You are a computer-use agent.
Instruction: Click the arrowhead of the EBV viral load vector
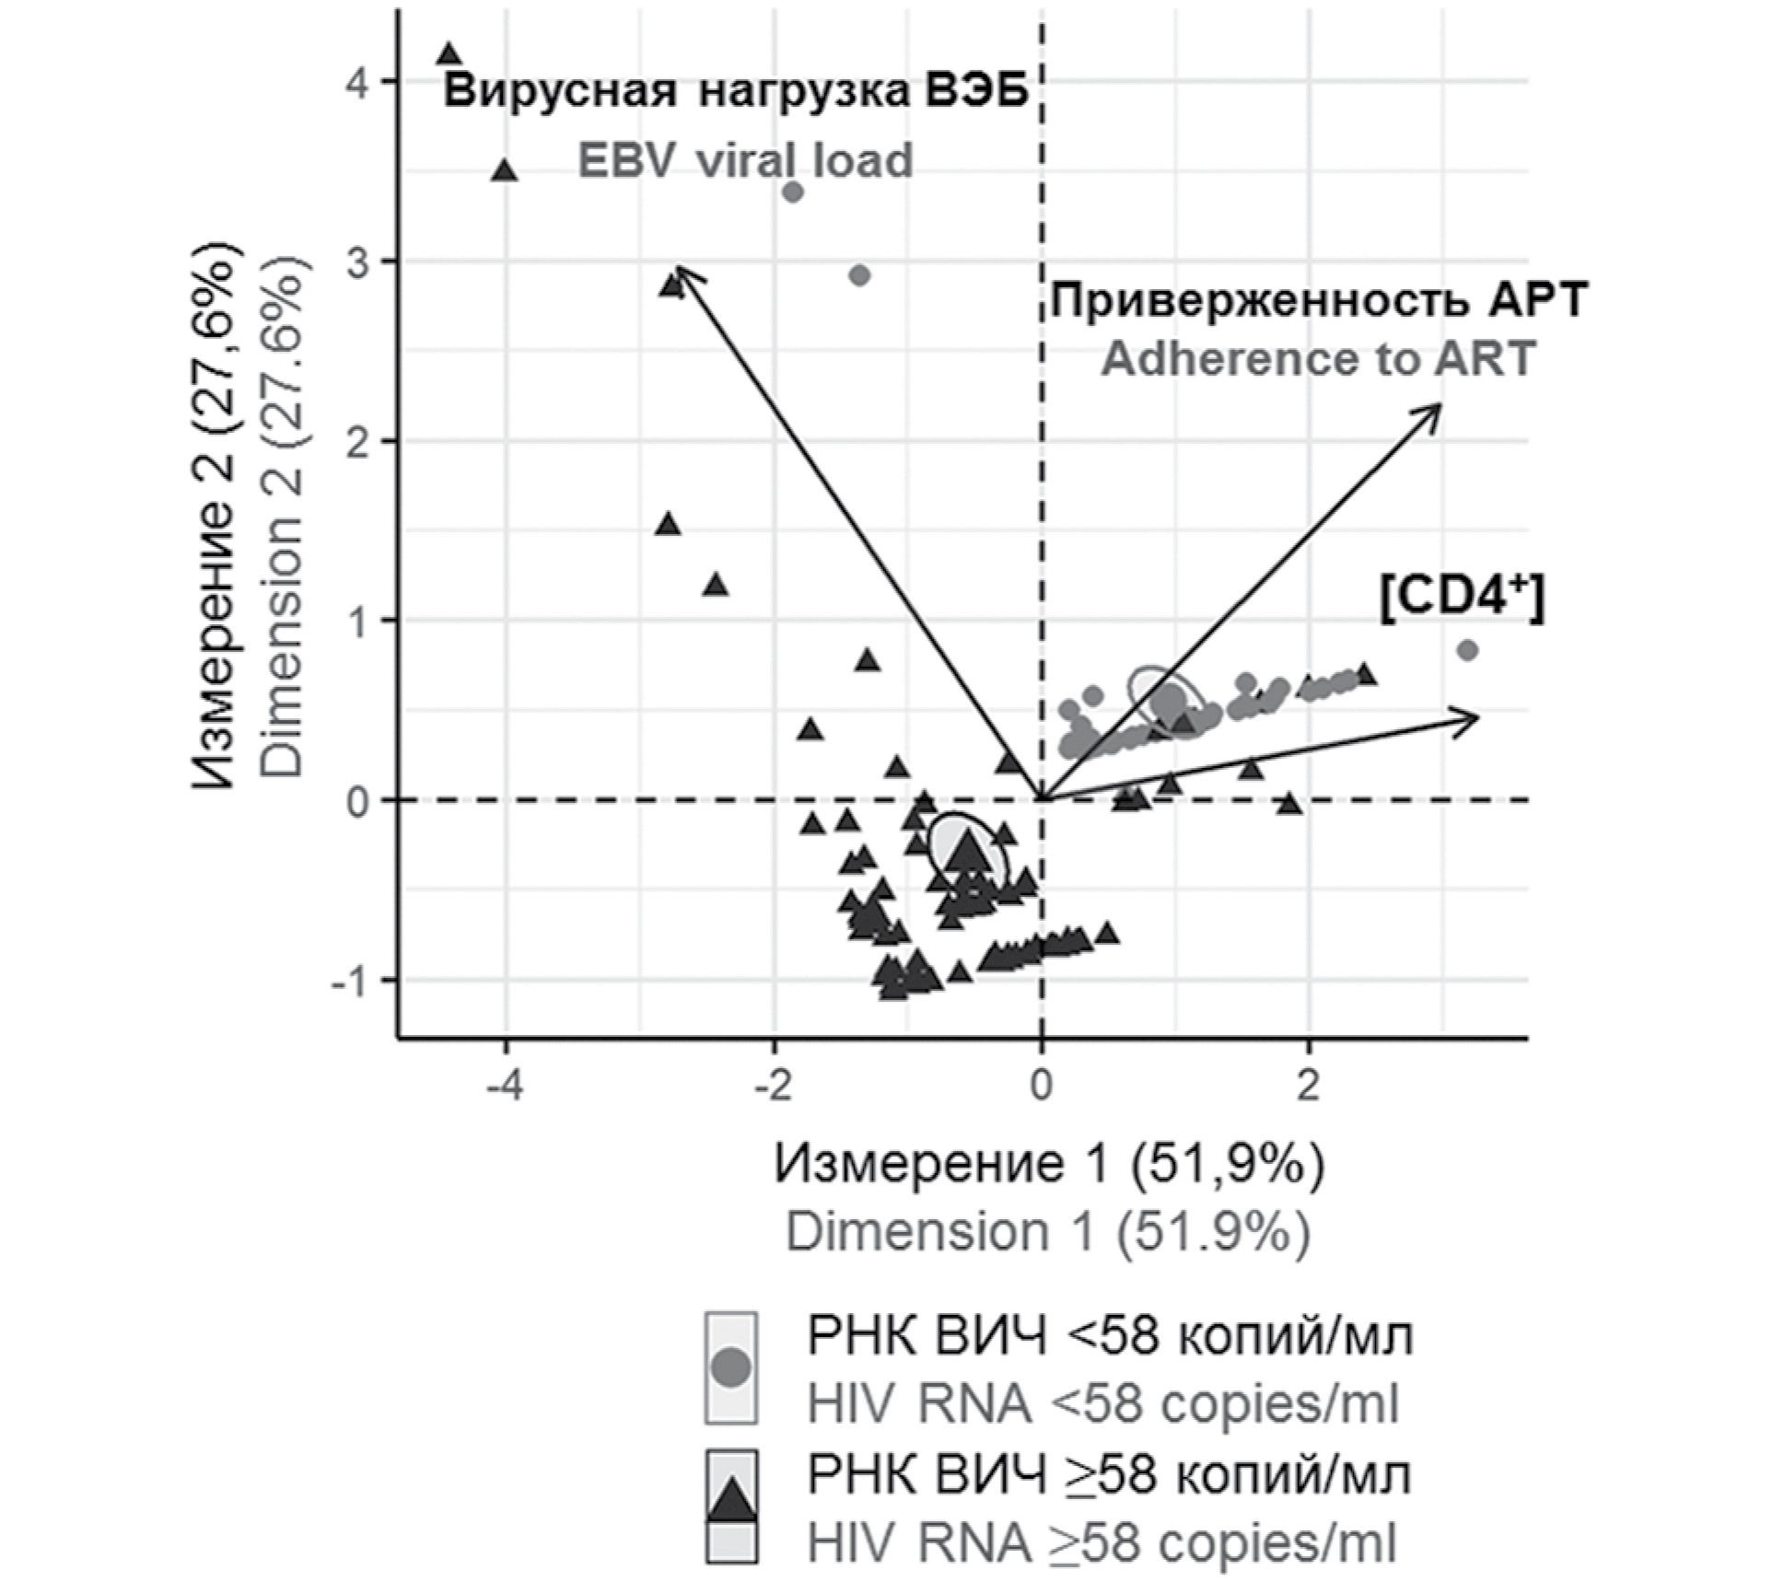pos(678,268)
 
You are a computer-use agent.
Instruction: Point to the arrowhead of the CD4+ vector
pos(1475,717)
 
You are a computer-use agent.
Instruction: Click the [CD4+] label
pos(1462,599)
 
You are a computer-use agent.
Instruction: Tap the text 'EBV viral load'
pos(744,160)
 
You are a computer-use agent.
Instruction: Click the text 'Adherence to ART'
pos(1318,358)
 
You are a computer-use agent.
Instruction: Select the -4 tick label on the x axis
pos(505,1087)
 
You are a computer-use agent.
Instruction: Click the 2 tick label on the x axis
pos(1308,1087)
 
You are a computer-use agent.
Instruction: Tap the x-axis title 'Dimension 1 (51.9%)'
pos(1047,1231)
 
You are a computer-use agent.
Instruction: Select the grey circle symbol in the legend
pos(732,1367)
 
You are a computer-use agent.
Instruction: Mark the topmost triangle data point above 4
pos(449,53)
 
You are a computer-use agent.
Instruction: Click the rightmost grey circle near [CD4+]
pos(1468,650)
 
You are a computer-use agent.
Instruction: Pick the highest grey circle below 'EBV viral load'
pos(792,192)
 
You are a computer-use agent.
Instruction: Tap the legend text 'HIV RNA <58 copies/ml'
pos(1102,1404)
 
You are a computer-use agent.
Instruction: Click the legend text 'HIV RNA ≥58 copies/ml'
pos(1102,1542)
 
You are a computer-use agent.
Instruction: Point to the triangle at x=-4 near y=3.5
pos(505,170)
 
